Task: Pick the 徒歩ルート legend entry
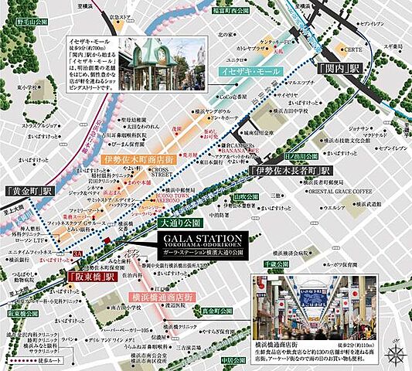pos(34,360)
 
